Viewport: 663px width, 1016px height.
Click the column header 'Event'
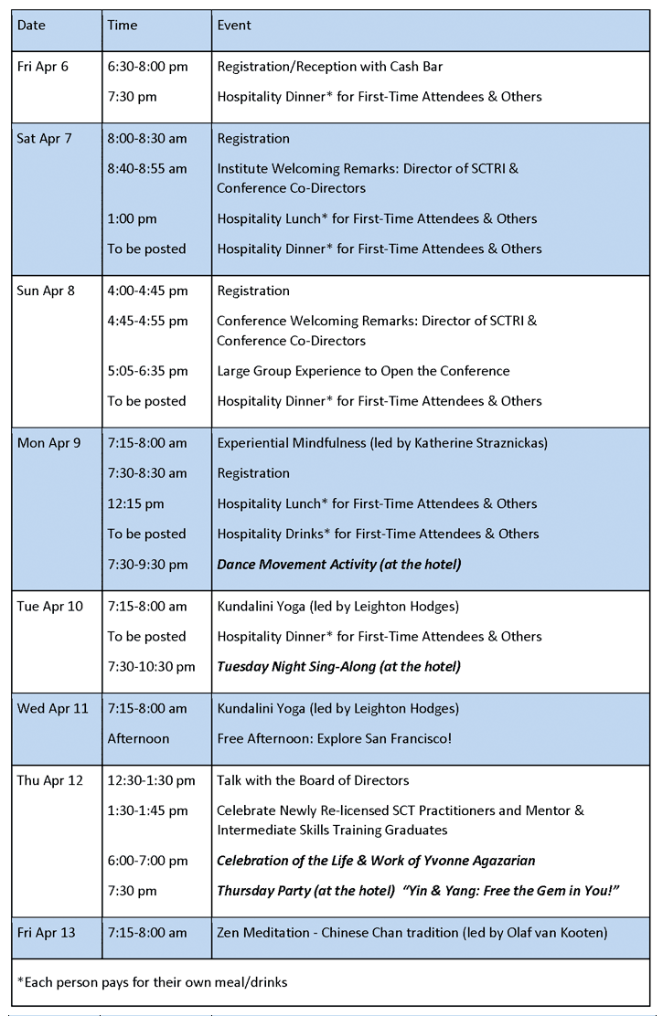click(x=234, y=26)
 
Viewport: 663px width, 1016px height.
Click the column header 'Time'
click(x=123, y=26)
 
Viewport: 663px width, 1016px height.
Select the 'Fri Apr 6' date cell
click(x=42, y=67)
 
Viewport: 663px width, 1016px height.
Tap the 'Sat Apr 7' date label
click(x=43, y=139)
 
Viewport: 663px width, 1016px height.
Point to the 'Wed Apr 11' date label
click(x=52, y=708)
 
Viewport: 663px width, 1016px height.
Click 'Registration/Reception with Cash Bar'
click(x=330, y=67)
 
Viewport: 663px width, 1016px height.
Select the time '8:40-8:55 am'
click(x=147, y=169)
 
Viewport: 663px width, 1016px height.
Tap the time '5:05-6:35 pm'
click(x=147, y=371)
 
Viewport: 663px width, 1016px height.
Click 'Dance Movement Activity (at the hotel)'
click(x=338, y=565)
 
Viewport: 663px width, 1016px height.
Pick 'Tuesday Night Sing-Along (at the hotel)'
click(x=338, y=667)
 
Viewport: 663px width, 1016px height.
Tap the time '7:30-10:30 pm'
click(x=151, y=667)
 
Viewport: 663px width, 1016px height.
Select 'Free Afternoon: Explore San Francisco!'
click(x=334, y=738)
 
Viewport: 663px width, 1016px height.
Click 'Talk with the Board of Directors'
click(x=313, y=780)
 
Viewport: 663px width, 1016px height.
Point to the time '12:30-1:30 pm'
click(x=151, y=780)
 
